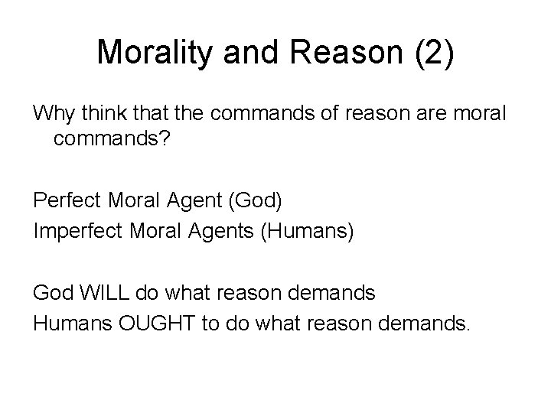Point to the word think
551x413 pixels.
102,114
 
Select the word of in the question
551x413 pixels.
346,114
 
